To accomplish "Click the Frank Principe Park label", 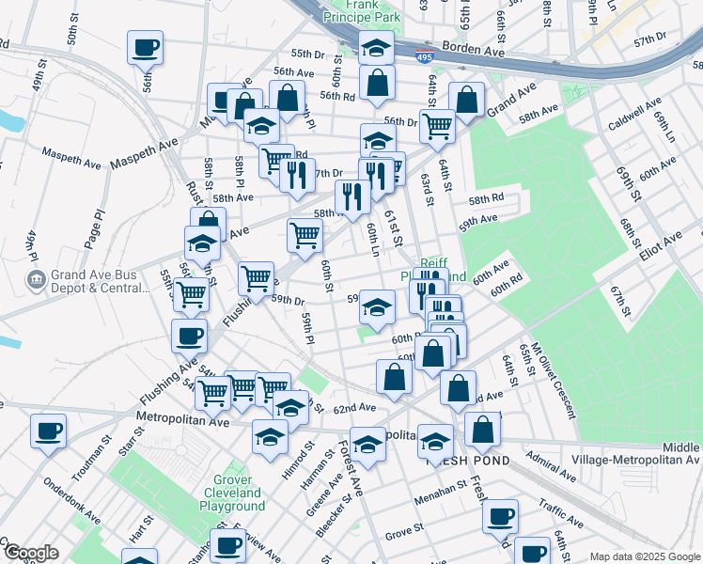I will (x=361, y=10).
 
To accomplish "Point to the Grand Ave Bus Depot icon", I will (x=36, y=279).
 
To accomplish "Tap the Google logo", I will (x=30, y=553).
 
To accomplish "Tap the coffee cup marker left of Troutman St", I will (x=48, y=431).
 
